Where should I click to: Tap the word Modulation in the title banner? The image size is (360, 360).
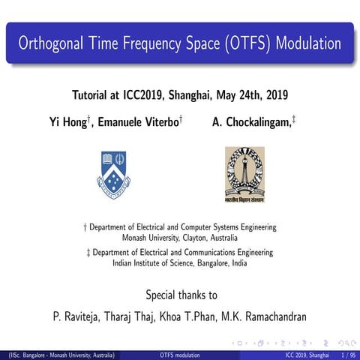coord(307,43)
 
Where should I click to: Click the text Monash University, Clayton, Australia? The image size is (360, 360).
coord(179,237)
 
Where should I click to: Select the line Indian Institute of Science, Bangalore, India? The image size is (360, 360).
coord(179,263)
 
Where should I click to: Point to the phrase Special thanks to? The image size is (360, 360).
coord(181,294)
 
